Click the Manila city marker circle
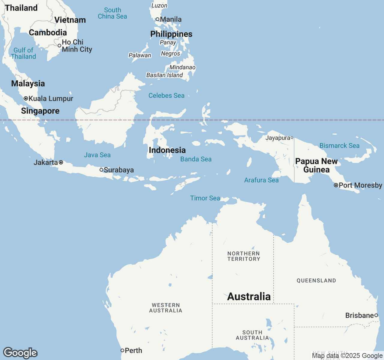pos(157,19)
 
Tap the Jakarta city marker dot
pos(61,162)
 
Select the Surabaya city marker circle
pos(101,170)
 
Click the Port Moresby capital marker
pos(336,185)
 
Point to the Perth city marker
pos(122,350)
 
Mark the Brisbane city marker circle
pos(376,315)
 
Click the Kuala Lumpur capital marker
pos(26,98)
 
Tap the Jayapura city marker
pos(292,138)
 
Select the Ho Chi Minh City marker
pos(59,46)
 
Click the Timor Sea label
pos(205,198)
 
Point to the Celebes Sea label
pos(166,95)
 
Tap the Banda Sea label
pos(196,159)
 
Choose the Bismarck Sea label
pos(339,145)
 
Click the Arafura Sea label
pos(261,180)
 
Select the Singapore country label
pos(40,111)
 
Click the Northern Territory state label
pos(244,256)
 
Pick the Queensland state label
pos(316,280)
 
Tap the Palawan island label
pos(140,55)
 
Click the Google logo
pos(20,353)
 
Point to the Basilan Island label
pos(164,75)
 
